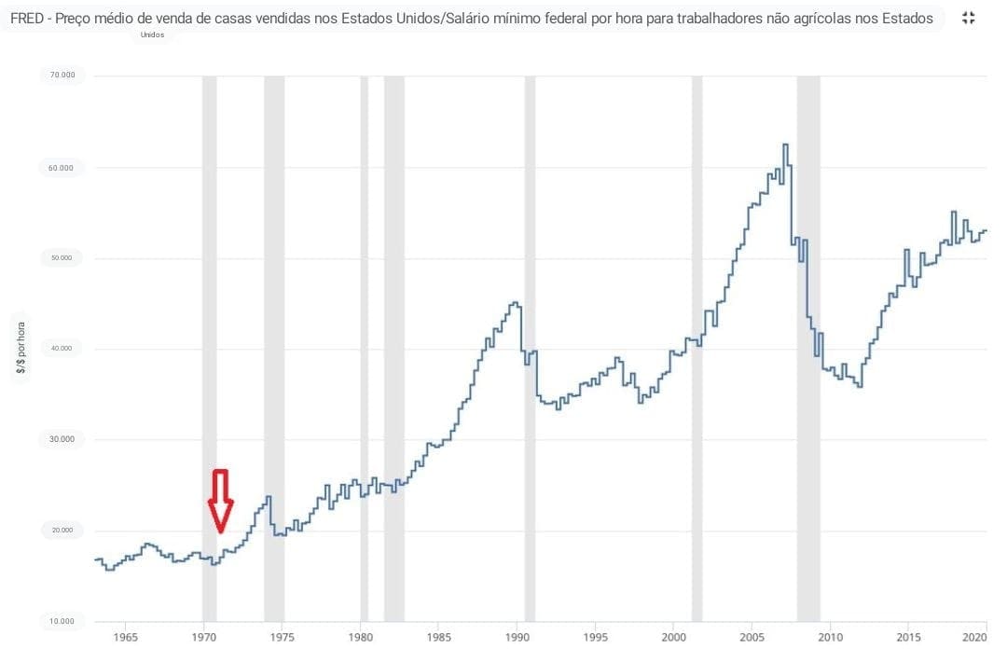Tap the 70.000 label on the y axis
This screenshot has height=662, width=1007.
pyautogui.click(x=62, y=76)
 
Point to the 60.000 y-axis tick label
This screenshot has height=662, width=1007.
pyautogui.click(x=62, y=168)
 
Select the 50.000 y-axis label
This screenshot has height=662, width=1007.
pyautogui.click(x=62, y=258)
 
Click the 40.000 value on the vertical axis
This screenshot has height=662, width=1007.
pyautogui.click(x=62, y=349)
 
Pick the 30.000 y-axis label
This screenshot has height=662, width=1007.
pyautogui.click(x=62, y=439)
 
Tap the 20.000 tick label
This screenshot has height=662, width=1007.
pyautogui.click(x=62, y=531)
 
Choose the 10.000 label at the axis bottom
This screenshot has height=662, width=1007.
pyautogui.click(x=62, y=621)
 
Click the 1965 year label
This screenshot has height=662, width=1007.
pyautogui.click(x=126, y=638)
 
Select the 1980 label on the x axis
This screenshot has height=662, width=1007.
pyautogui.click(x=361, y=638)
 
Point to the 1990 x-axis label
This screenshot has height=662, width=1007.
pyautogui.click(x=517, y=638)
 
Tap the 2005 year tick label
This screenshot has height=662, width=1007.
pyautogui.click(x=752, y=638)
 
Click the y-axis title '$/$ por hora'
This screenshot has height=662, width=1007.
pyautogui.click(x=21, y=349)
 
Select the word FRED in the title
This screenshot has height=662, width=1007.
pyautogui.click(x=27, y=18)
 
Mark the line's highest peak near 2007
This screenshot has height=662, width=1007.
pyautogui.click(x=785, y=145)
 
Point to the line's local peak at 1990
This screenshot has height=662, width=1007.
pyautogui.click(x=515, y=302)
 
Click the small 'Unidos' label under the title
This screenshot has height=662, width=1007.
pyautogui.click(x=152, y=34)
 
